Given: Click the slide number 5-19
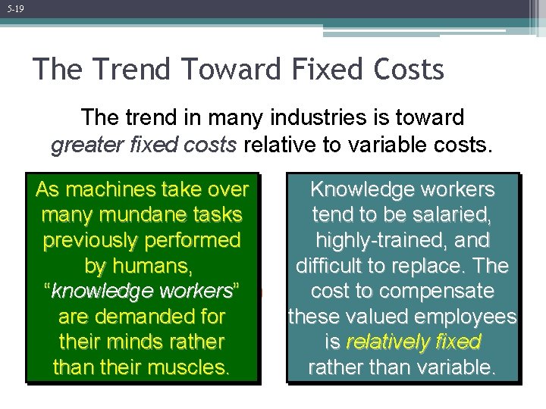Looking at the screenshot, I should [x=14, y=9].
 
